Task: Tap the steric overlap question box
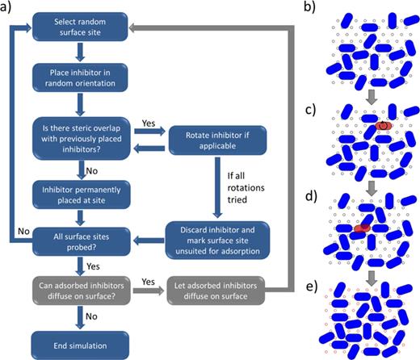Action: [x=78, y=132]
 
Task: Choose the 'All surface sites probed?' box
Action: [x=78, y=240]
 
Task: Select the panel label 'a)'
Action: [x=10, y=8]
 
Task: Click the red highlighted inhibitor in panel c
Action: [x=384, y=126]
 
